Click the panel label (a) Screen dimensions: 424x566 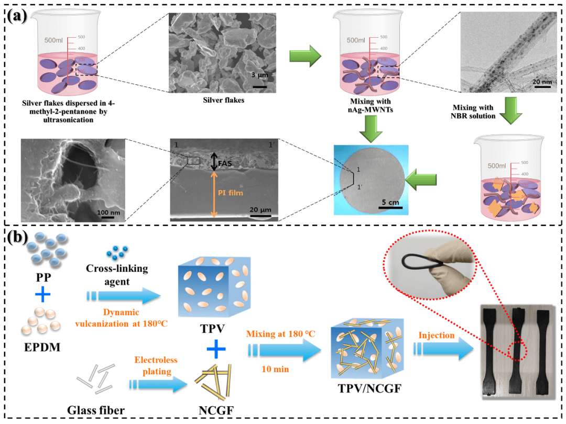[17, 16]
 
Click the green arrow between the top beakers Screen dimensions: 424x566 [306, 56]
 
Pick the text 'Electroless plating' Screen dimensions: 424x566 [156, 365]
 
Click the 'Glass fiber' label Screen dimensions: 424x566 [96, 410]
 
